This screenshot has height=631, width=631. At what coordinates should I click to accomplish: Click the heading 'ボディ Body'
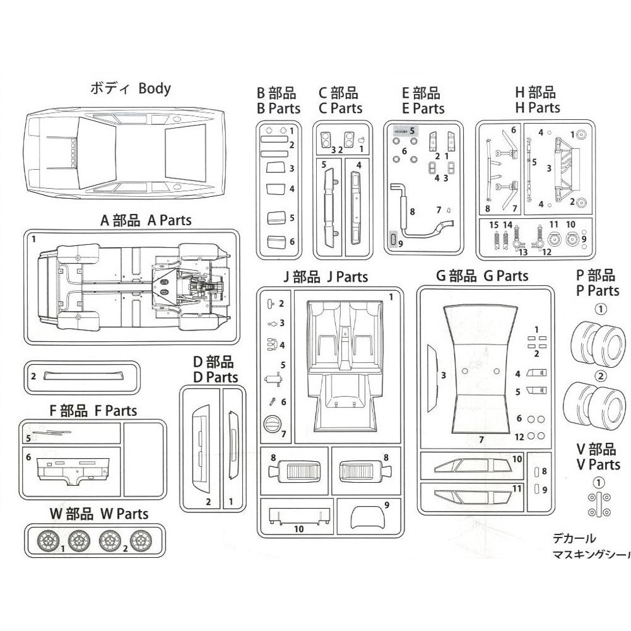(131, 88)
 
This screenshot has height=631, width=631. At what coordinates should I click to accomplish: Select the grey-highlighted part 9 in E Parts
(394, 240)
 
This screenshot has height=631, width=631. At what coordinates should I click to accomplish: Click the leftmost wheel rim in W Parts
(49, 540)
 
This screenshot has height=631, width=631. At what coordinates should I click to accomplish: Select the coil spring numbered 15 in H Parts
(495, 240)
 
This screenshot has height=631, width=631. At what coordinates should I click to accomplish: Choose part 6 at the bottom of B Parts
(274, 242)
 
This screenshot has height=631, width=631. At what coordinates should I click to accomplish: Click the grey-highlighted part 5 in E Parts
(401, 131)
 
